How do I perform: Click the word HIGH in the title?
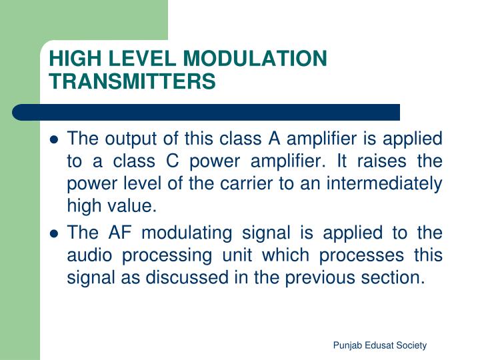click(x=69, y=59)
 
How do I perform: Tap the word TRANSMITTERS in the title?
click(x=133, y=81)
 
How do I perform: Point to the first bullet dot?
click(x=55, y=141)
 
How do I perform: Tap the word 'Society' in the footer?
click(x=411, y=345)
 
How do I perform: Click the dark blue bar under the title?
click(x=207, y=112)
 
